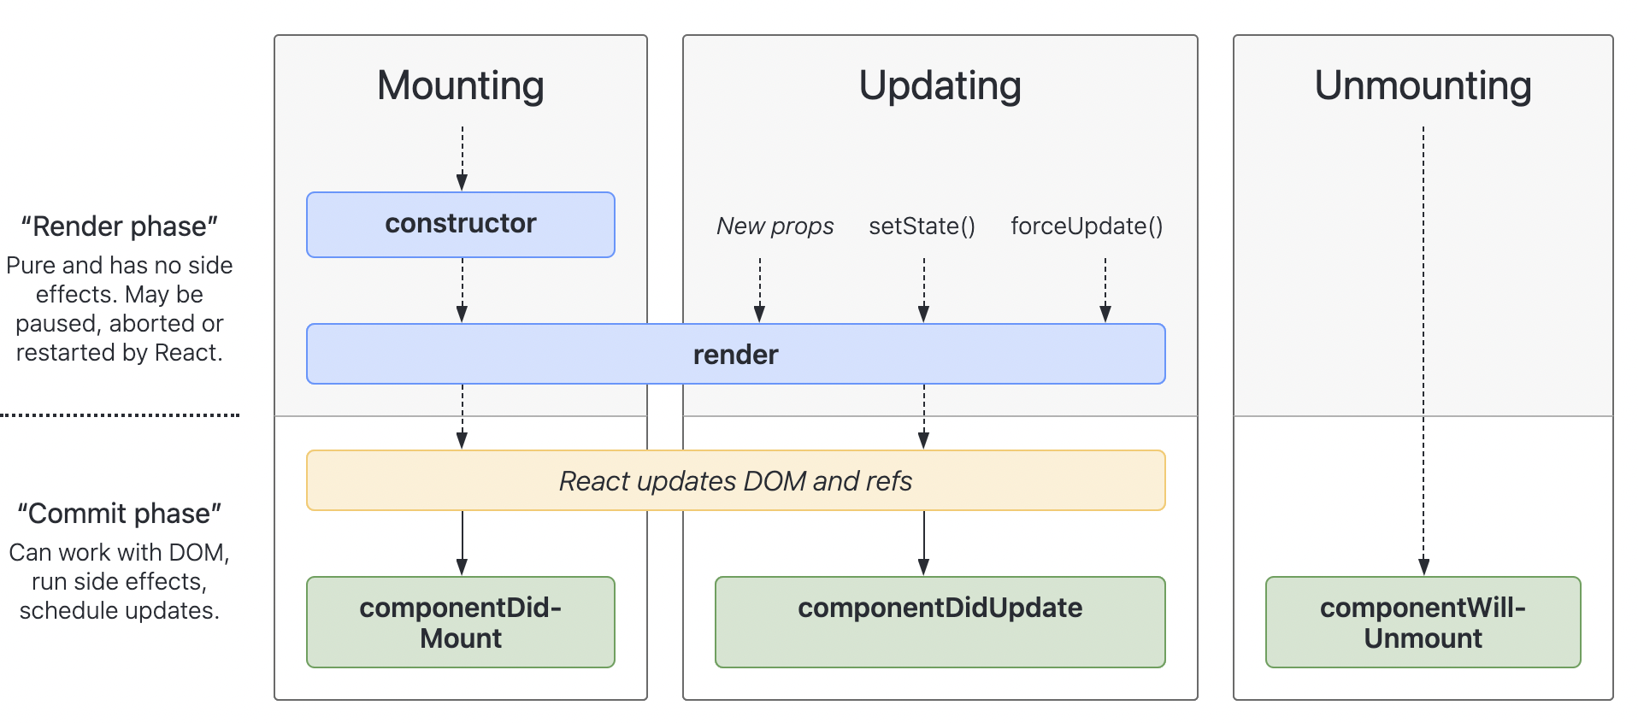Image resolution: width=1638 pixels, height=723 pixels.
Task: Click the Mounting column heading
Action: pyautogui.click(x=460, y=85)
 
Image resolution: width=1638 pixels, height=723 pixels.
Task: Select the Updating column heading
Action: pyautogui.click(x=940, y=85)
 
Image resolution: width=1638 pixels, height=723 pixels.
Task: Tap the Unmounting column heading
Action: pyautogui.click(x=1423, y=85)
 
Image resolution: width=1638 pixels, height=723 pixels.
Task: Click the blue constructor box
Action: pyautogui.click(x=460, y=224)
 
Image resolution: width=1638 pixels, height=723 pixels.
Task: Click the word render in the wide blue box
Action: pyautogui.click(x=735, y=355)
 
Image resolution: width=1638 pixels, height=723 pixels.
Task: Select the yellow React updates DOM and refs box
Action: pyautogui.click(x=735, y=480)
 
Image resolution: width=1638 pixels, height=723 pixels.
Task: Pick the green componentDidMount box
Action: pyautogui.click(x=460, y=622)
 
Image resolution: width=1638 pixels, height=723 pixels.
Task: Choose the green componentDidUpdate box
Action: pyautogui.click(x=940, y=621)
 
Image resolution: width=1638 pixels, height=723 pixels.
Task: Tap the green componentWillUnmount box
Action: pyautogui.click(x=1423, y=622)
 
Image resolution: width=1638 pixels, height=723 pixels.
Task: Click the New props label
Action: pyautogui.click(x=775, y=226)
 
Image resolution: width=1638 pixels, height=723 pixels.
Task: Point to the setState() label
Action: pyautogui.click(x=922, y=226)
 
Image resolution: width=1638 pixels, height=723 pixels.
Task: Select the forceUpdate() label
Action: pyautogui.click(x=1087, y=226)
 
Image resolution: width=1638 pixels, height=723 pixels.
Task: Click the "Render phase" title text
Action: pyautogui.click(x=119, y=226)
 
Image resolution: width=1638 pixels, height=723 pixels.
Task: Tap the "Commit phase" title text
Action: pyautogui.click(x=119, y=514)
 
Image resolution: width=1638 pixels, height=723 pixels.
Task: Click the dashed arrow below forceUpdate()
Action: pyautogui.click(x=1105, y=291)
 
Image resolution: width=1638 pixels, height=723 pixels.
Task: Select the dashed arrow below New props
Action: pyautogui.click(x=759, y=291)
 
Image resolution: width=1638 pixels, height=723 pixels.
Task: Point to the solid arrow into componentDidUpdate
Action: pyautogui.click(x=923, y=544)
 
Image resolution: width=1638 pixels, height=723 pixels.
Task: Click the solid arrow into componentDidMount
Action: pyautogui.click(x=462, y=544)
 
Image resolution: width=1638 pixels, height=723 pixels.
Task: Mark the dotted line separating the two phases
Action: pyautogui.click(x=120, y=415)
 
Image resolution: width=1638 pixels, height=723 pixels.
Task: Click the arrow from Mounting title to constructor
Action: pyautogui.click(x=462, y=159)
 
